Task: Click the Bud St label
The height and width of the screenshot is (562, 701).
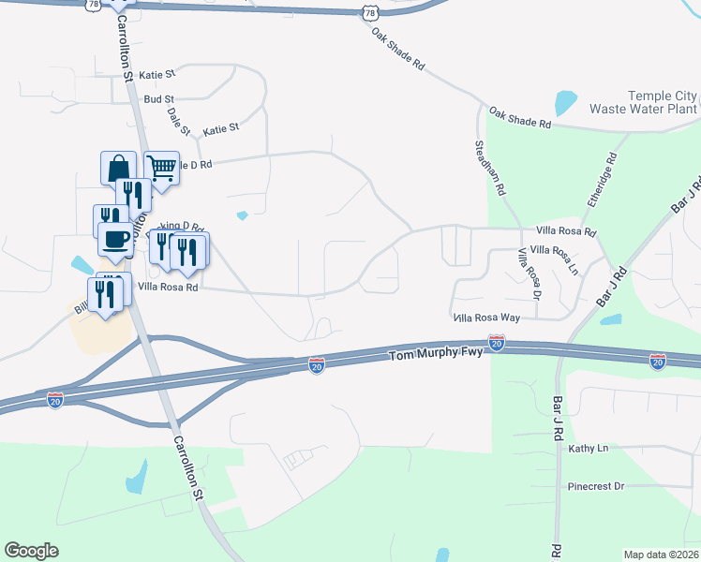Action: pos(158,98)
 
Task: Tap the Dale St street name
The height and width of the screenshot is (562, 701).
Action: pos(178,121)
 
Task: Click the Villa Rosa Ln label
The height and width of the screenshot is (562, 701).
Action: pos(554,257)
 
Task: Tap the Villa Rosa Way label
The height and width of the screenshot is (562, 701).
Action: pos(485,318)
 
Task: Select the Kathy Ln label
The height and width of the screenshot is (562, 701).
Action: pos(589,449)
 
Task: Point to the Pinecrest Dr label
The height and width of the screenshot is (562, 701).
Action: pos(595,487)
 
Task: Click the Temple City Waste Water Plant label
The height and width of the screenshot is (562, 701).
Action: pos(643,102)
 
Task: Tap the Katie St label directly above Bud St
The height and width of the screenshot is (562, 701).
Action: pos(157,74)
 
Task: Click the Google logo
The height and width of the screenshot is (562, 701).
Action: pos(31,551)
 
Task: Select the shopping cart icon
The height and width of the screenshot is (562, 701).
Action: pos(161,169)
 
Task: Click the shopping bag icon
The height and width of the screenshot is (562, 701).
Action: pos(119,169)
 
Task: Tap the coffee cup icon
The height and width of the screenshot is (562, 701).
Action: pos(114,239)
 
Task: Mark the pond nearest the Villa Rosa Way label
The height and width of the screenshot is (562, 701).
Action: pos(610,319)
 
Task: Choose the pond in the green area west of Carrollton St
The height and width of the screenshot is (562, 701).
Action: pos(137,478)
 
